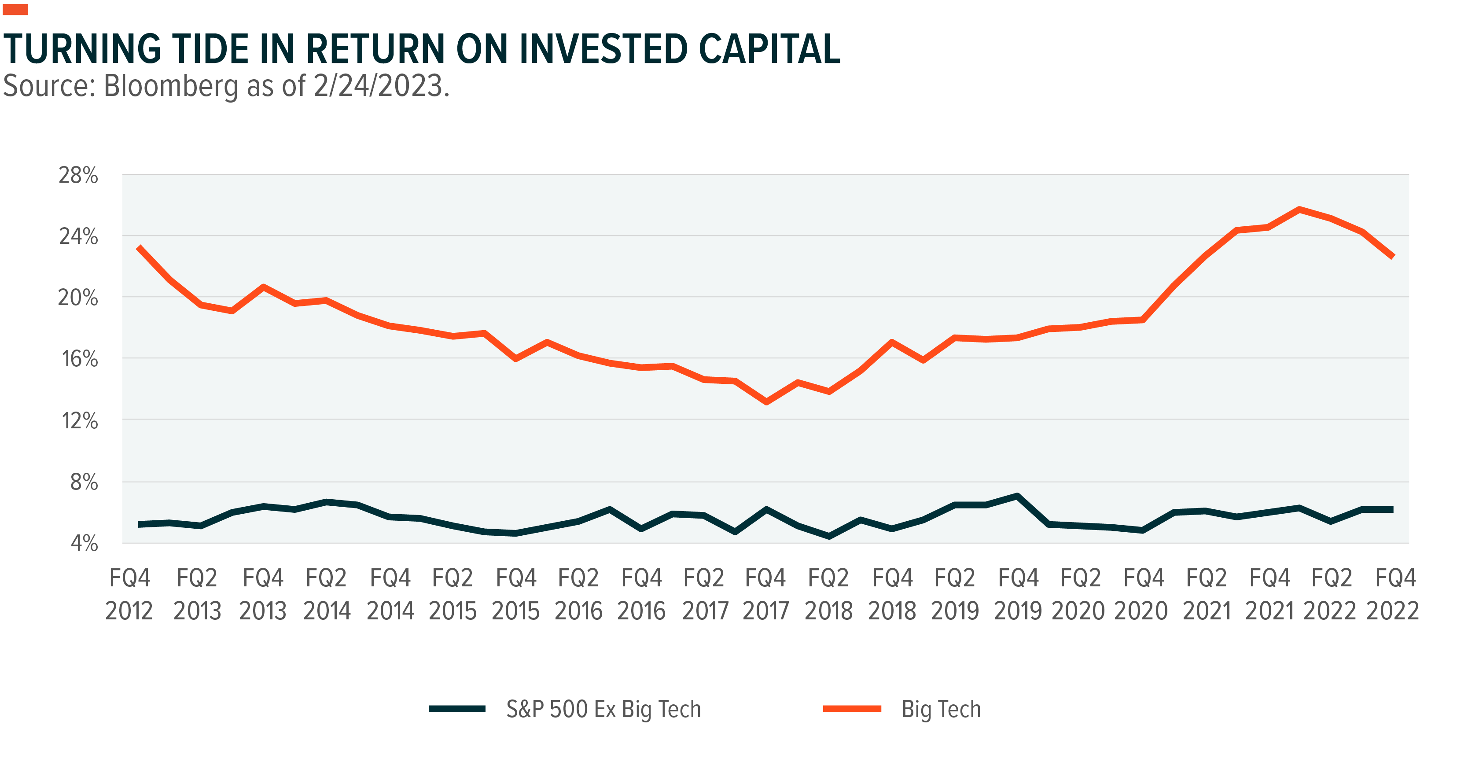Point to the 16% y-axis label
point(79,359)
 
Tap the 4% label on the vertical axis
point(84,543)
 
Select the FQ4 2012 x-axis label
point(129,594)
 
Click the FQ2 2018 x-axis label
point(828,594)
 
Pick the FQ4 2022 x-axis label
point(1392,594)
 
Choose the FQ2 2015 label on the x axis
point(453,594)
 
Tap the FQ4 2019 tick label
point(1018,594)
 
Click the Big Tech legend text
point(941,710)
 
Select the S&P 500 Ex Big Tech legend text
point(603,710)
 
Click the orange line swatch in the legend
point(852,709)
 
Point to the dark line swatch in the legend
point(457,709)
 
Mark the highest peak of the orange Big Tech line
point(1299,209)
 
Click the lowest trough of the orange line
point(766,402)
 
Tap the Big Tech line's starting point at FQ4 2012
point(139,247)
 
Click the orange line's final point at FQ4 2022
point(1393,257)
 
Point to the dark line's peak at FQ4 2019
point(1017,496)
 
